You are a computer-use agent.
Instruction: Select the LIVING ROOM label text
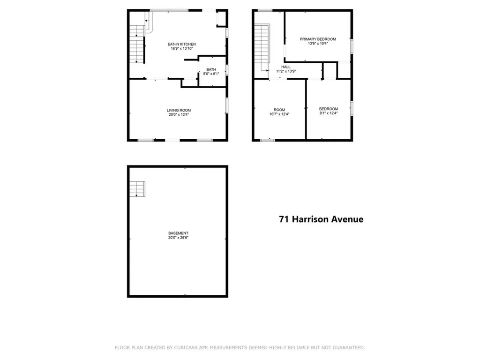179,110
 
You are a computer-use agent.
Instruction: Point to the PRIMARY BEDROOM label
318,39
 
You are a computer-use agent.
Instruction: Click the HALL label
286,67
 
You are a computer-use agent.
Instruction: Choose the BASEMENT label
178,233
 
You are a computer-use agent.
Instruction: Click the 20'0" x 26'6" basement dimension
178,238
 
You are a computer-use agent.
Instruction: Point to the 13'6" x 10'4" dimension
318,44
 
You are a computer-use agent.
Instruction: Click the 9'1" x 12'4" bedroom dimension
328,113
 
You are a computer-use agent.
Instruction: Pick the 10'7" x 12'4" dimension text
279,114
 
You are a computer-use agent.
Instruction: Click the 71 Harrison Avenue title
321,219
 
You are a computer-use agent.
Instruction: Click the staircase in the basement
137,189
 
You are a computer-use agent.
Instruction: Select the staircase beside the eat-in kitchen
135,44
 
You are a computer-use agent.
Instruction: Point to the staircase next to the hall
260,47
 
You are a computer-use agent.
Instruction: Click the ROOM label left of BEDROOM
279,110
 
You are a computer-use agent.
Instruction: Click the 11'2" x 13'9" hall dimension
286,71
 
